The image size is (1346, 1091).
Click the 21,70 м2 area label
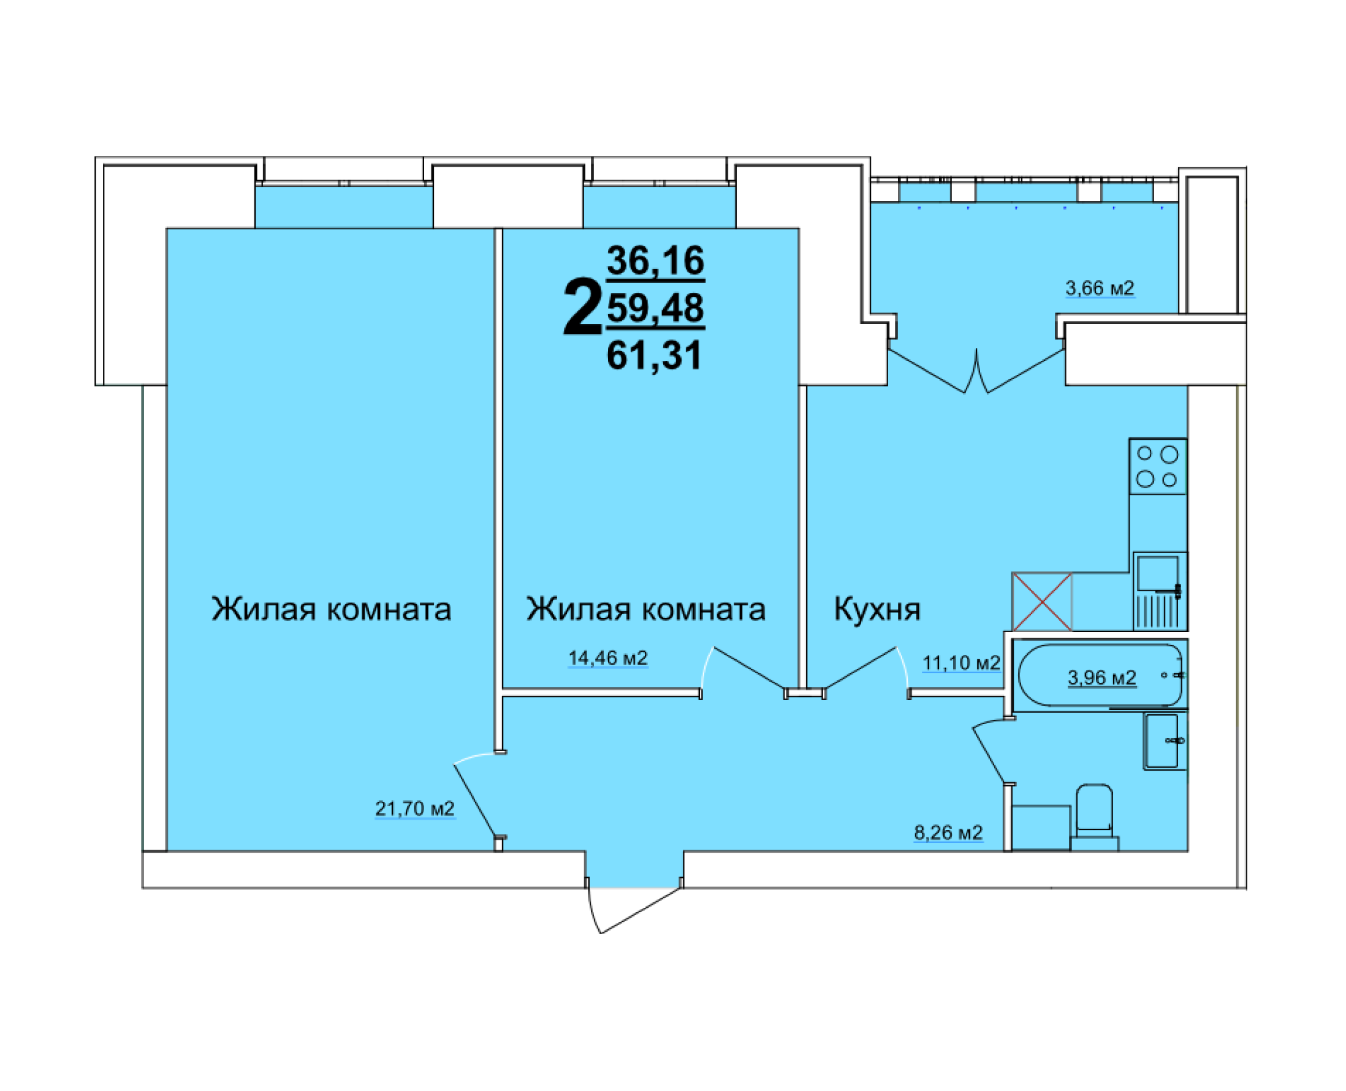pyautogui.click(x=414, y=808)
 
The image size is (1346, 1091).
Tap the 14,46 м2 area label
pyautogui.click(x=607, y=658)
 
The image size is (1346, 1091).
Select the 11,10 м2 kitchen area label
pyautogui.click(x=960, y=663)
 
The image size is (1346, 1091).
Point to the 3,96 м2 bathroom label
pyautogui.click(x=1101, y=678)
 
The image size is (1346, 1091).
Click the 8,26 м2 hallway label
pyautogui.click(x=948, y=832)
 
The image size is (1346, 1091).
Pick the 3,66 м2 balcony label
pyautogui.click(x=1099, y=288)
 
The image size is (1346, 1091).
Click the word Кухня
pyautogui.click(x=876, y=609)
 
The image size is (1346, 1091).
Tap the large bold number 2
pyautogui.click(x=582, y=308)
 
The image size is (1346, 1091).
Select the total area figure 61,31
pyautogui.click(x=654, y=356)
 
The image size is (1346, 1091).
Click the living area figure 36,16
pyautogui.click(x=655, y=260)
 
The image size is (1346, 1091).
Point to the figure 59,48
pyautogui.click(x=655, y=308)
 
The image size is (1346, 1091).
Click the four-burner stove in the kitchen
pyautogui.click(x=1157, y=466)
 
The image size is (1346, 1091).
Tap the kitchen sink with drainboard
pyautogui.click(x=1159, y=591)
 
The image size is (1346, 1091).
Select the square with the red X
pyautogui.click(x=1042, y=602)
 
